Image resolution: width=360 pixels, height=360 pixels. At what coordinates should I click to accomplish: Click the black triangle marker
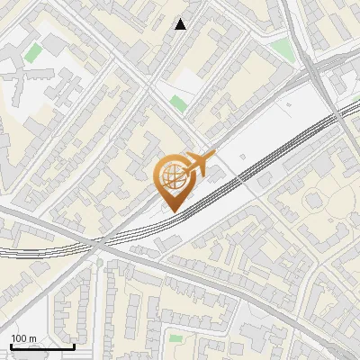pos(181,24)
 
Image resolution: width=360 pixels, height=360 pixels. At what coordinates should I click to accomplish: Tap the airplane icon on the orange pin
pos(198,165)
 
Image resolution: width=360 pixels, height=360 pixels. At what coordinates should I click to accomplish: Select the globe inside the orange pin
pos(172,177)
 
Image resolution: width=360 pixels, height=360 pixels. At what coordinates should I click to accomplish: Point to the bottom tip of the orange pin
pos(172,211)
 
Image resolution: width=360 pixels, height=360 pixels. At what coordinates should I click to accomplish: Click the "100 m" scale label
pos(23,338)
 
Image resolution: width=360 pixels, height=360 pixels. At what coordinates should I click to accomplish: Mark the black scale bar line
pos(42,346)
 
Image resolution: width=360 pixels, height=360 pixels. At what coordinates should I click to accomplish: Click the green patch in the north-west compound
pos(34,54)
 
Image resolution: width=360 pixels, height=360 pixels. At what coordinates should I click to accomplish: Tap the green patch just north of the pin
pos(178,103)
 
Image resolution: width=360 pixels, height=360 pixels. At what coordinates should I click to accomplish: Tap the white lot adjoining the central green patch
pos(185,85)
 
